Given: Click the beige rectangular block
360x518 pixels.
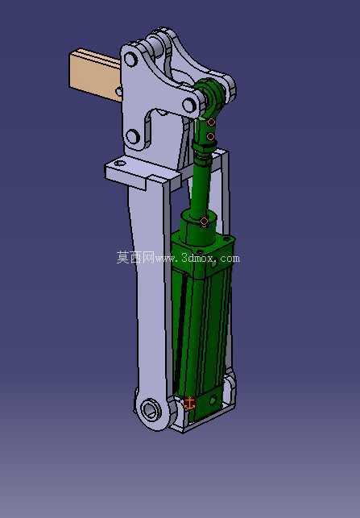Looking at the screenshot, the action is (94, 75).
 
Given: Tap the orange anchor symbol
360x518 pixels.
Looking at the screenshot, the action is (189, 404).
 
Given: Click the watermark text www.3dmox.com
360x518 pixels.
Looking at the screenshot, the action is (197, 258).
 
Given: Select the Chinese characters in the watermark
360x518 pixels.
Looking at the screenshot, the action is (135, 257).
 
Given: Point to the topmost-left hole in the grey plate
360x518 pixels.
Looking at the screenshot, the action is (130, 60).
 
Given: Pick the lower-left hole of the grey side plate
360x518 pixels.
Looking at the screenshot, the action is (133, 136).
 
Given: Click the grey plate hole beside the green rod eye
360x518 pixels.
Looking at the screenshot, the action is (189, 106).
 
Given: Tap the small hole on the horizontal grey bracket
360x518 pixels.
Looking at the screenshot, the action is (120, 164).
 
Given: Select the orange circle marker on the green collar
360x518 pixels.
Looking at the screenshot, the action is (205, 222).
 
